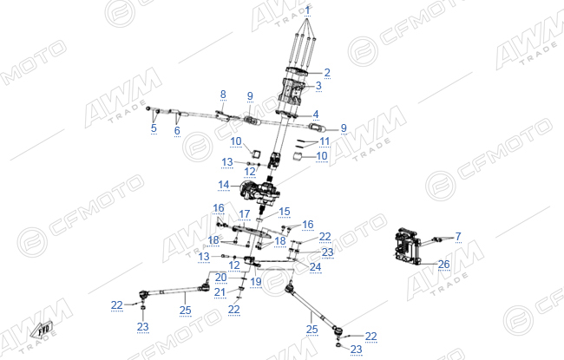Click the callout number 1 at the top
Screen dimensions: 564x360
(307, 10)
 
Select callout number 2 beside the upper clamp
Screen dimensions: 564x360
(327, 72)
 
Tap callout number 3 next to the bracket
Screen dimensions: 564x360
(318, 86)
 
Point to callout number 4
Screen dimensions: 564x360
(316, 115)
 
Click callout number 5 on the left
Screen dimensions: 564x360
(154, 128)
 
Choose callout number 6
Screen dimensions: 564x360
(177, 130)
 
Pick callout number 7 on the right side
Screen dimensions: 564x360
(458, 236)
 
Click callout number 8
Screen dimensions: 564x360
(223, 95)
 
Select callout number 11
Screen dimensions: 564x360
(325, 141)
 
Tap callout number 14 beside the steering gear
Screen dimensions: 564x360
(223, 185)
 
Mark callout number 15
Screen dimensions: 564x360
(284, 211)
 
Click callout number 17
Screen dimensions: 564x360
(244, 214)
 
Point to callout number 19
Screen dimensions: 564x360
(256, 281)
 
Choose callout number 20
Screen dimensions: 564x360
(221, 277)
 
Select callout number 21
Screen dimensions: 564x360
(220, 291)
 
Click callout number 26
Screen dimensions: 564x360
(444, 265)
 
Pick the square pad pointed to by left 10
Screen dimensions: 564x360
(254, 154)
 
